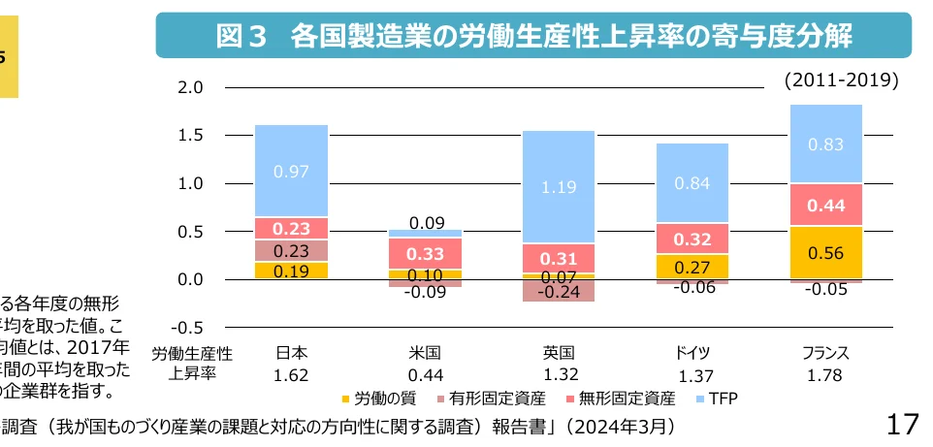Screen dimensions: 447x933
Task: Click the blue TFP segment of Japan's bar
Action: coord(291,171)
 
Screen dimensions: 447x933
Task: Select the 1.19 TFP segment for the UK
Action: coord(559,186)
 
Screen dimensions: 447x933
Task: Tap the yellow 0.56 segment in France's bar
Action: coord(826,252)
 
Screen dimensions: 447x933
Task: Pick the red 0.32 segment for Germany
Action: coord(692,239)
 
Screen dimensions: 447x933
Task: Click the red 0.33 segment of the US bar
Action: coord(425,253)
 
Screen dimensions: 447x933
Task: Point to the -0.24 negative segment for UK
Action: coord(559,291)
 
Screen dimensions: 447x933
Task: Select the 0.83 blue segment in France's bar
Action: coord(826,144)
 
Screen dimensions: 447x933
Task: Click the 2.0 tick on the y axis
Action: coord(190,88)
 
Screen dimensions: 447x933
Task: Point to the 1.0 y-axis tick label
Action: coord(190,184)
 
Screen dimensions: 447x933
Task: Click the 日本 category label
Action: coord(291,353)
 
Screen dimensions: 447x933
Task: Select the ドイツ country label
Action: coord(692,353)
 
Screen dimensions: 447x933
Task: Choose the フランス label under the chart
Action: coord(826,353)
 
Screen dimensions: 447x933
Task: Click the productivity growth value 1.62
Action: coord(291,374)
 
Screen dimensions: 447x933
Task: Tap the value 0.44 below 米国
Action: coord(425,374)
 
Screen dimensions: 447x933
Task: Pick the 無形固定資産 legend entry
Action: coord(619,398)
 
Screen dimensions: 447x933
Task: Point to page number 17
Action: coord(903,424)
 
